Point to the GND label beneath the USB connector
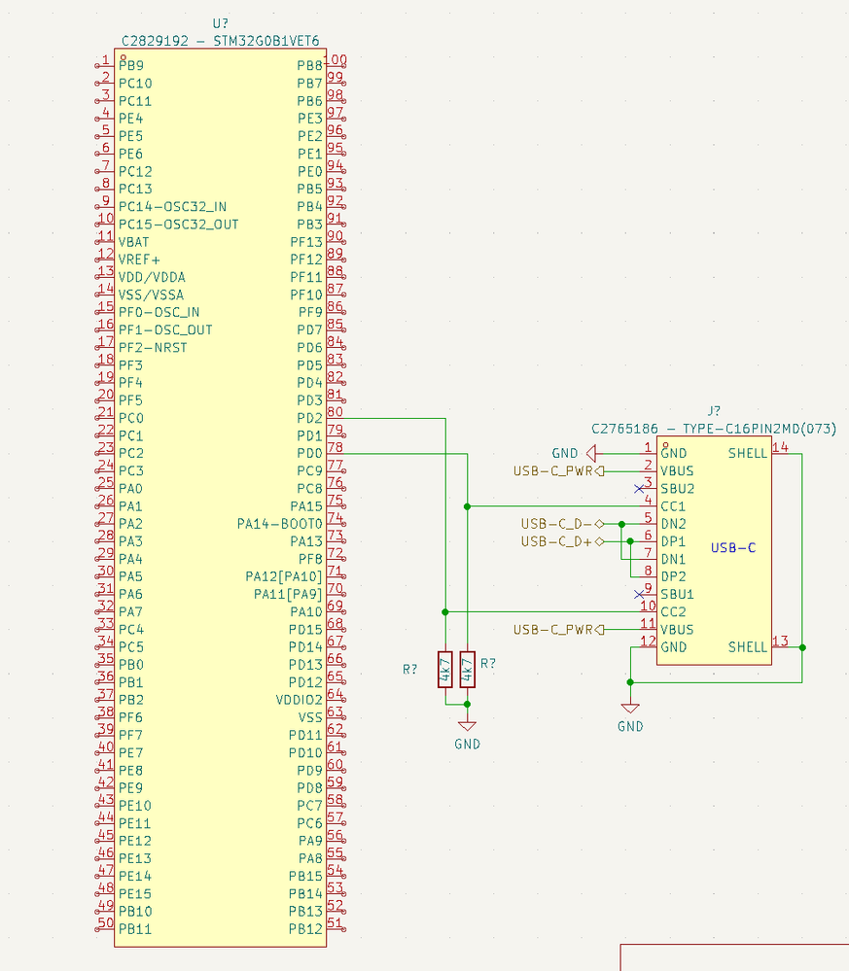click(x=630, y=726)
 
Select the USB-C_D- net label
click(x=556, y=524)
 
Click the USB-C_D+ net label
click(x=556, y=541)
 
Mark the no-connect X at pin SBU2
click(x=638, y=488)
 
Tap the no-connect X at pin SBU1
click(x=638, y=594)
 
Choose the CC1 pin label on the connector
click(x=673, y=506)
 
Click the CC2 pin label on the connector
click(x=673, y=612)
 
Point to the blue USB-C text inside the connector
click(x=732, y=548)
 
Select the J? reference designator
click(x=715, y=411)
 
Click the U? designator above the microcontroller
click(x=221, y=23)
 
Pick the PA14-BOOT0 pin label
click(x=279, y=524)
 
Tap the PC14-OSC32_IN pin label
click(x=172, y=206)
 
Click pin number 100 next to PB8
click(x=336, y=60)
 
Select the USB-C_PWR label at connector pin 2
click(x=552, y=471)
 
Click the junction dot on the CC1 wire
click(x=468, y=506)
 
